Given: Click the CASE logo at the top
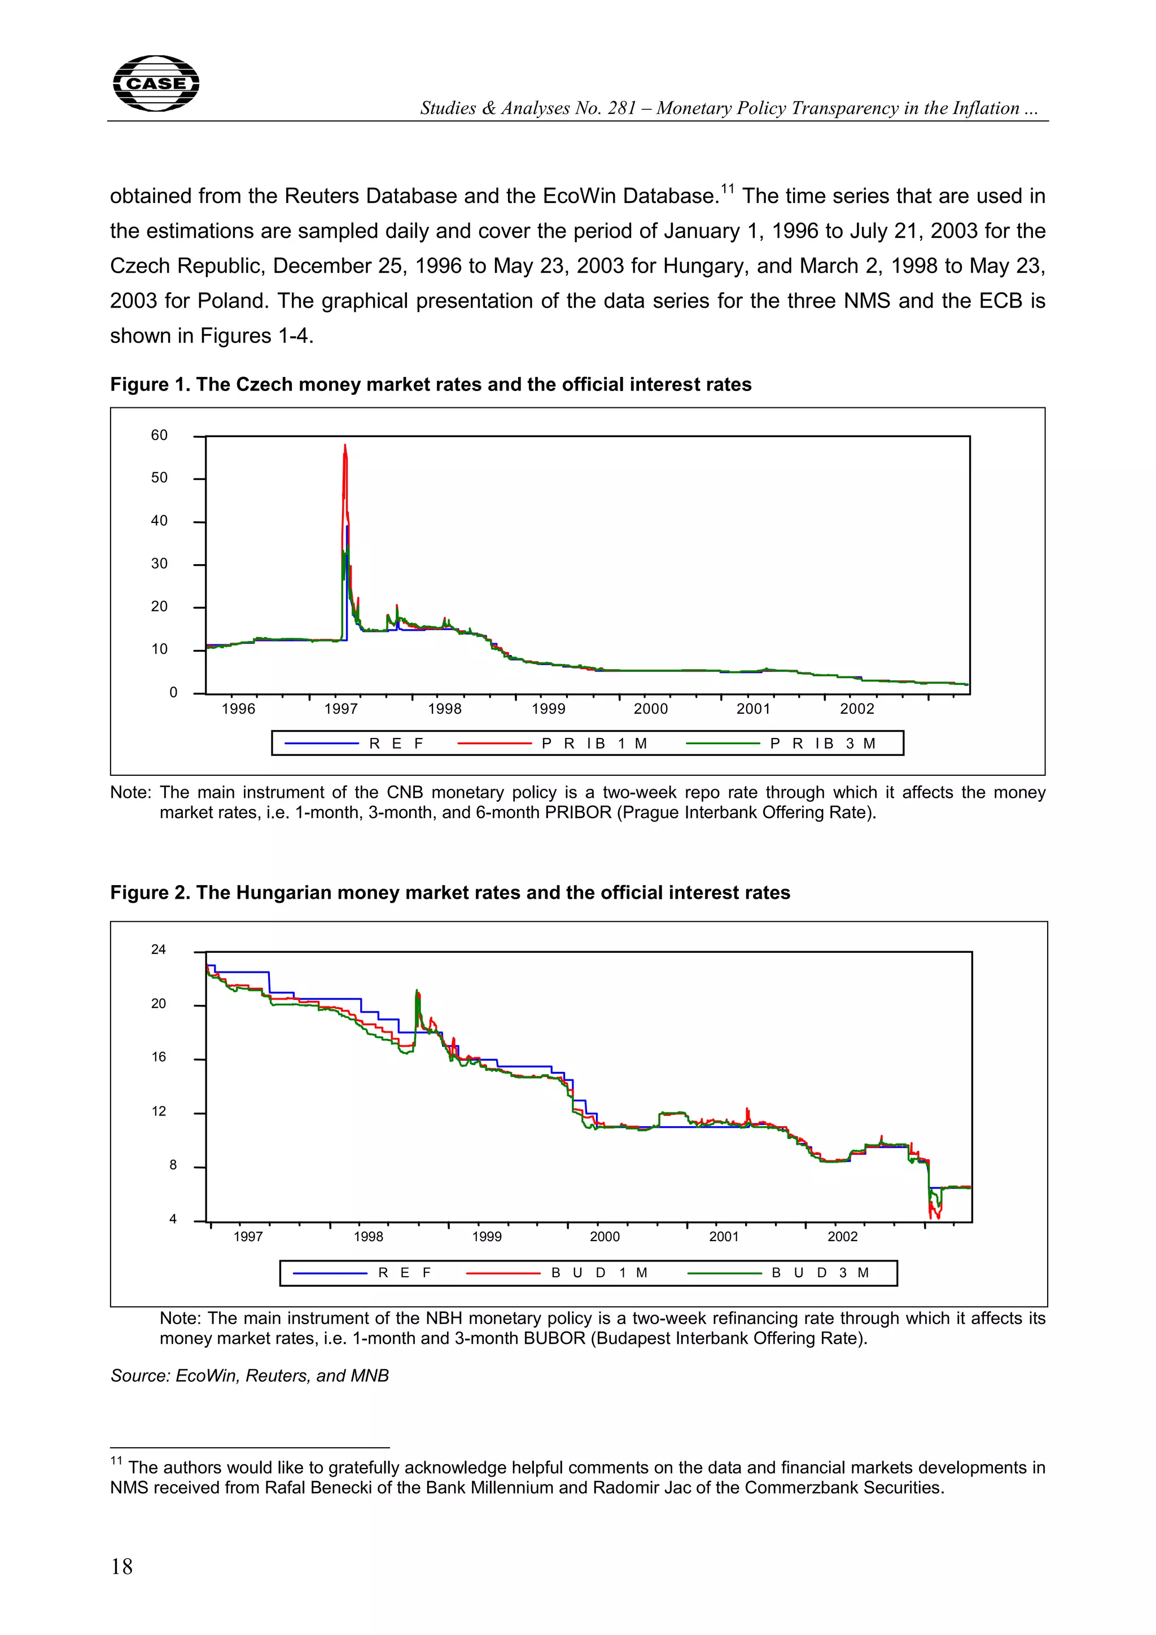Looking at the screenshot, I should pos(156,83).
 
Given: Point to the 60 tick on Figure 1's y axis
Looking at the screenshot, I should pos(160,435).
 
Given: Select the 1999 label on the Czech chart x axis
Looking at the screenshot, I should pos(549,709).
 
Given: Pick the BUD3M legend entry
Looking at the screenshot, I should pos(819,1273).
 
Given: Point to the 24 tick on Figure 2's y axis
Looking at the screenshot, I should pos(158,950).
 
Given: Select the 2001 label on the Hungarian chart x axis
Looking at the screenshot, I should pos(724,1237).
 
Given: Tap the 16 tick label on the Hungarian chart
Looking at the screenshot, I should pos(158,1057).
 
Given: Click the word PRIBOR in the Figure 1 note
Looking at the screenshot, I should pos(577,812).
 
